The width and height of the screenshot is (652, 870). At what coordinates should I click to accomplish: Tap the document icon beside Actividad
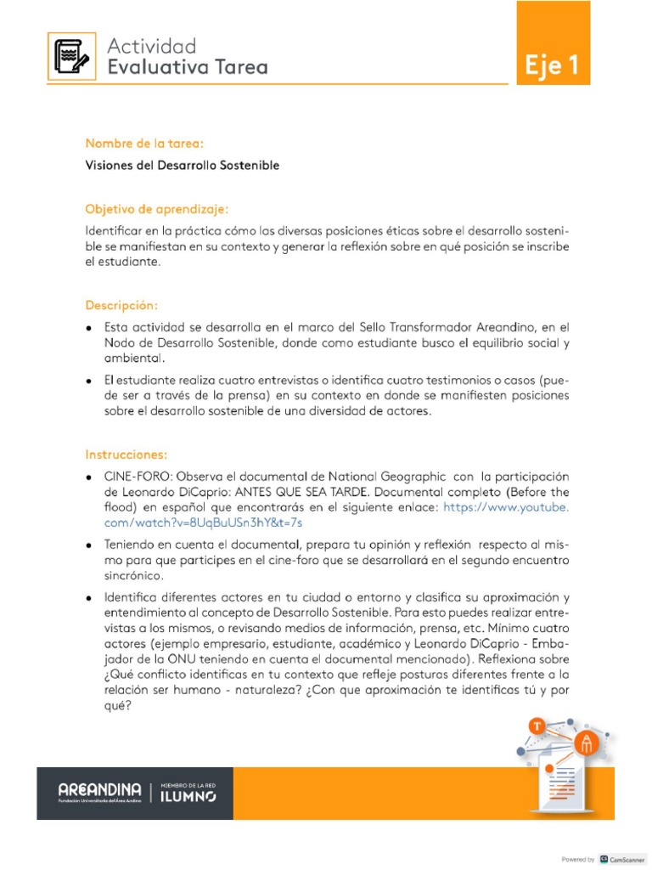point(71,56)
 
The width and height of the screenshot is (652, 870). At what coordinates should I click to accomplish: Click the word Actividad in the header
point(152,46)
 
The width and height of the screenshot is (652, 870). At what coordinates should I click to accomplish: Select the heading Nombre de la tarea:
point(144,144)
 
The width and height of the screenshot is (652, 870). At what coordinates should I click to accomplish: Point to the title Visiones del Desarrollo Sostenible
point(182,165)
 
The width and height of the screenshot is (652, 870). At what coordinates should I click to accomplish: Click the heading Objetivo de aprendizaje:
point(157,208)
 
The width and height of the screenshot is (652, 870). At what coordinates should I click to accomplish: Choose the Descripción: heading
point(121,304)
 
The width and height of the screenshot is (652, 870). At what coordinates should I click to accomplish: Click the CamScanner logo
point(622,859)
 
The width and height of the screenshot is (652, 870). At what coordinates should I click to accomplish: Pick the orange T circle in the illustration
point(537,726)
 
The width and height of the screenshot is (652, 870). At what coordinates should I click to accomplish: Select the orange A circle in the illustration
point(586,743)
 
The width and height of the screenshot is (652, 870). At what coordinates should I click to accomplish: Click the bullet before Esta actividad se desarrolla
point(90,327)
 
